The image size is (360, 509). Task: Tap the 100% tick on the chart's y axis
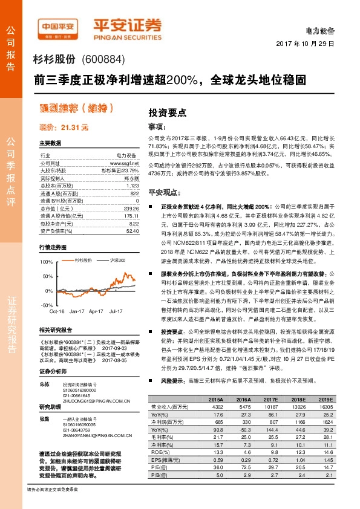click(46, 262)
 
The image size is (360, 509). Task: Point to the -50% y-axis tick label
click(47, 305)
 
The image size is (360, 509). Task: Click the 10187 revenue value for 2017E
click(270, 407)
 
